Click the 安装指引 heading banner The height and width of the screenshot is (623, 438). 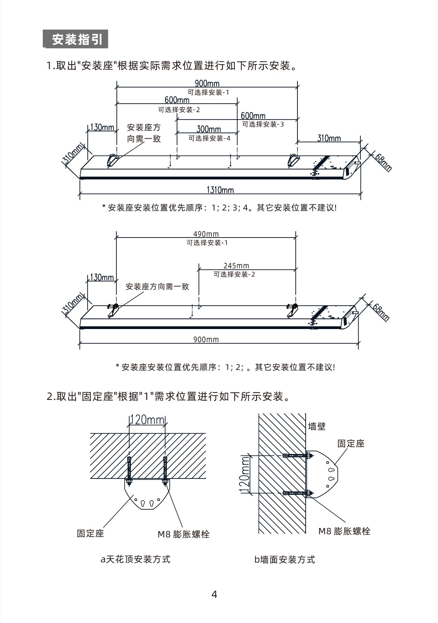point(76,39)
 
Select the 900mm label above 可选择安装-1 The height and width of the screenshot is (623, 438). point(207,83)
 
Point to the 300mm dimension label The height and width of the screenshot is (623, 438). point(209,129)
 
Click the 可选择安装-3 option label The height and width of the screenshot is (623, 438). point(263,124)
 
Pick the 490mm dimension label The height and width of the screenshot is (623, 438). point(206,234)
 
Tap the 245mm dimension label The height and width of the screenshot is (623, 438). point(236,266)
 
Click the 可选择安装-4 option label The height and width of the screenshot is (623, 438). point(209,138)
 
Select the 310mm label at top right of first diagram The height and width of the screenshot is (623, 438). point(329,138)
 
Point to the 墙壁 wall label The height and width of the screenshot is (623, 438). point(317,426)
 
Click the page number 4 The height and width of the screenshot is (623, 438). point(214,594)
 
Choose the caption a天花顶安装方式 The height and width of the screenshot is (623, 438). point(135,559)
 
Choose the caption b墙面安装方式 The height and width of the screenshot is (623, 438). point(285,559)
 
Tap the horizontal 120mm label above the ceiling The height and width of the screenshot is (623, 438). point(148,419)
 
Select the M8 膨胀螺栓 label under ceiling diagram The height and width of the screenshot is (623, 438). point(183,534)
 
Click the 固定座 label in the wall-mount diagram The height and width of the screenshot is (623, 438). point(351,443)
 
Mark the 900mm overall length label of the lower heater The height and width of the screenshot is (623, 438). point(206,340)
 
